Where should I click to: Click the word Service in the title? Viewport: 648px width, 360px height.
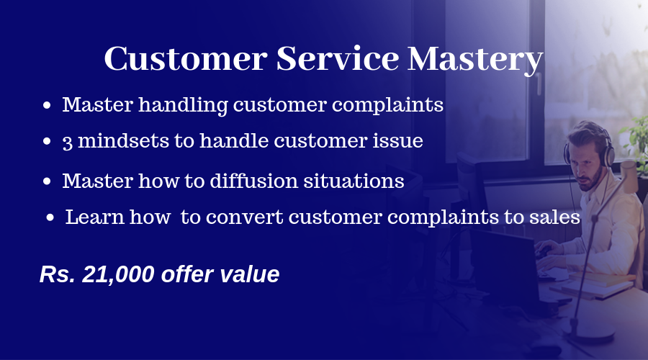(x=337, y=58)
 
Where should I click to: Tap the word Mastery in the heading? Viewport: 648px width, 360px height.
(x=475, y=60)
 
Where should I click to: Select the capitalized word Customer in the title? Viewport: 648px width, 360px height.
(x=186, y=58)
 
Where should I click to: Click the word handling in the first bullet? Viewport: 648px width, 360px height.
(x=183, y=105)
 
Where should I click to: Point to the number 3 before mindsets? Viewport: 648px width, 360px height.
(x=67, y=143)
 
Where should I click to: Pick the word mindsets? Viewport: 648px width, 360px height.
(x=124, y=140)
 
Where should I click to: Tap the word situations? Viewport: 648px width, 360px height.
(x=354, y=181)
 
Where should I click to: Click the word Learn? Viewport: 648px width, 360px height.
(x=94, y=217)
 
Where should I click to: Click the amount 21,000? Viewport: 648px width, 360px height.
(x=118, y=274)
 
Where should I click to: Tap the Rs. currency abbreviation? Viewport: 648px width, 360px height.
(x=58, y=274)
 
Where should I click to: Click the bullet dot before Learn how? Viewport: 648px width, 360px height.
(x=50, y=217)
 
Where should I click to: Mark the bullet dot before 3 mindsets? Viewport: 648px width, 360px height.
(x=47, y=141)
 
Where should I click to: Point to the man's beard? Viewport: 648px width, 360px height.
(x=592, y=179)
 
